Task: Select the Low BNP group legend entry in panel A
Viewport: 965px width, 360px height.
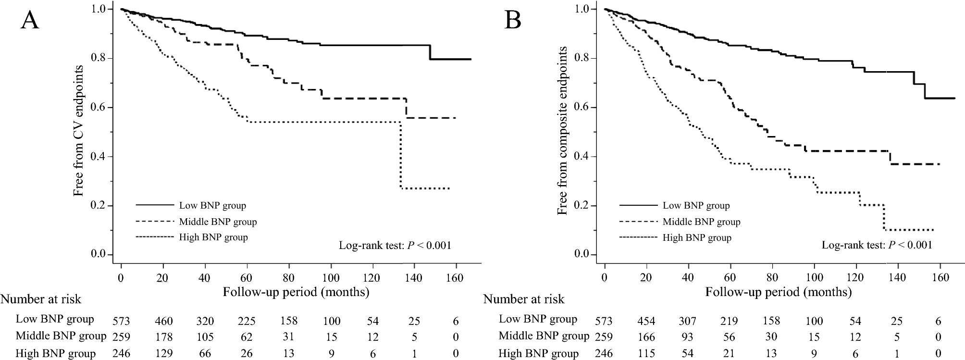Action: (212, 206)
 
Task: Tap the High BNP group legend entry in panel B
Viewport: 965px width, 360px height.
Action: (696, 237)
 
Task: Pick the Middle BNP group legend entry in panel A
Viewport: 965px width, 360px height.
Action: (217, 222)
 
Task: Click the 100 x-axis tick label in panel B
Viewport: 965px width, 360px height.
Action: (814, 278)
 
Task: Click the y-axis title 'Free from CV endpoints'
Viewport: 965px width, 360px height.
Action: (78, 131)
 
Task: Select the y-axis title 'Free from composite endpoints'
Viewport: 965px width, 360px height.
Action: (562, 131)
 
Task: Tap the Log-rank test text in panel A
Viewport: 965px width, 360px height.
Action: (395, 246)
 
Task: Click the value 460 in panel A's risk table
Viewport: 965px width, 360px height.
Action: (163, 321)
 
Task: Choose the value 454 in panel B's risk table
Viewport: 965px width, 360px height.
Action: (646, 321)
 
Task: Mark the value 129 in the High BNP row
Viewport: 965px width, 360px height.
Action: (163, 354)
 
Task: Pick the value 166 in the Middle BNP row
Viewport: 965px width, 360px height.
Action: (646, 337)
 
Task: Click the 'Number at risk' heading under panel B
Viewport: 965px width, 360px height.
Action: (524, 299)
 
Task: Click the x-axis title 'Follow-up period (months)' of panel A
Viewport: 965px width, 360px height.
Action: (296, 292)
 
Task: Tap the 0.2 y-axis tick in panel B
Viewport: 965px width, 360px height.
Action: (582, 206)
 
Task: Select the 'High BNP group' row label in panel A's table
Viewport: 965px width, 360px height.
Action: (55, 354)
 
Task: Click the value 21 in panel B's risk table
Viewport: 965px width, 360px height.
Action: (730, 354)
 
